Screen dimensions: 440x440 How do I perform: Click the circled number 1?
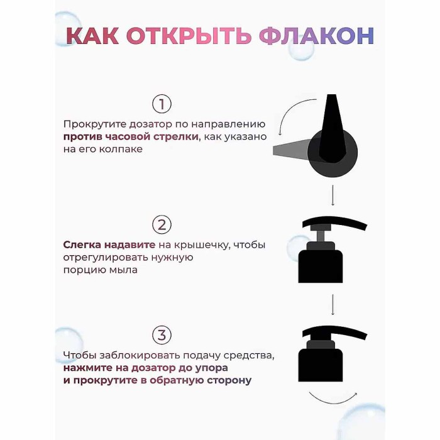coord(162,104)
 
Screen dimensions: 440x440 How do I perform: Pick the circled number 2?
coord(162,225)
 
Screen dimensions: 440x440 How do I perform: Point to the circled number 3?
coord(162,335)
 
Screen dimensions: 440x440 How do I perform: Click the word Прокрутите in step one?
coord(92,124)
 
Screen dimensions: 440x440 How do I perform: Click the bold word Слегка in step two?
coord(80,245)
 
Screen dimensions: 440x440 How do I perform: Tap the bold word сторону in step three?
coord(228,380)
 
